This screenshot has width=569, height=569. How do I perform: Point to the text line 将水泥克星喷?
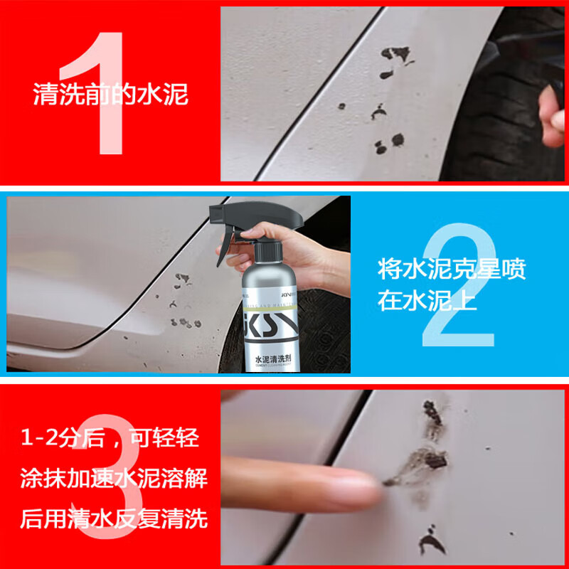click(x=452, y=270)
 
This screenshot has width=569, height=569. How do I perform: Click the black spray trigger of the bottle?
click(x=226, y=242)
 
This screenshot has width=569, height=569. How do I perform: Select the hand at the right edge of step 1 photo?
click(x=552, y=107)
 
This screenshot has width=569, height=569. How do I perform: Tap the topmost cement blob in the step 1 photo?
click(x=397, y=54)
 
